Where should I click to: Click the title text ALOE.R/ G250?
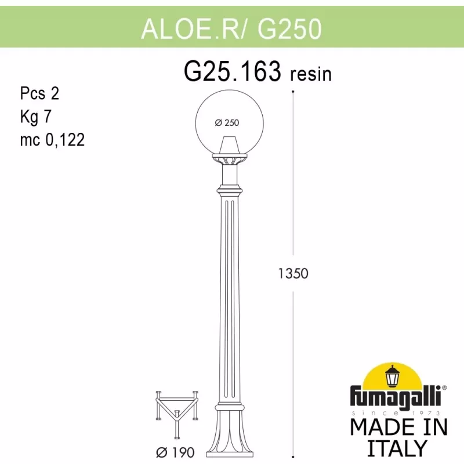click(231, 28)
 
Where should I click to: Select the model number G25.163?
click(233, 71)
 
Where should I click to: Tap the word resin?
click(311, 74)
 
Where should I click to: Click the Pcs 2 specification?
click(39, 93)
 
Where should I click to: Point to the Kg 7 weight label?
click(36, 117)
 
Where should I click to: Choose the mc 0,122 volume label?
click(52, 140)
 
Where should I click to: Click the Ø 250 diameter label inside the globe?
click(227, 122)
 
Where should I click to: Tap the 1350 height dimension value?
click(293, 273)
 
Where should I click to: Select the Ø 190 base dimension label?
click(175, 452)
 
